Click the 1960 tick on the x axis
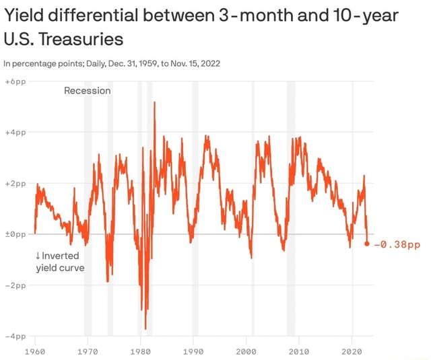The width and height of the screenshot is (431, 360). (34, 351)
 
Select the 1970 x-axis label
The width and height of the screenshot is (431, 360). (88, 351)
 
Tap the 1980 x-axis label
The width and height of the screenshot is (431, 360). (140, 351)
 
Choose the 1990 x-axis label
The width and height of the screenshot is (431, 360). (193, 351)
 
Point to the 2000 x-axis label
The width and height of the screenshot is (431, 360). (246, 351)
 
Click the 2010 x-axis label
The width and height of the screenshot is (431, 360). (299, 351)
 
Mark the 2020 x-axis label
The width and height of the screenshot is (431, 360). (352, 351)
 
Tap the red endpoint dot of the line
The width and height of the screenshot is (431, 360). (367, 244)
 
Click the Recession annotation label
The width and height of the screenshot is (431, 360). (87, 90)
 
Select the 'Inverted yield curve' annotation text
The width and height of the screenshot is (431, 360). (60, 262)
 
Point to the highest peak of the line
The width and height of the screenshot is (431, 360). (154, 102)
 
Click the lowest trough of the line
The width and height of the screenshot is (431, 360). (145, 328)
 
